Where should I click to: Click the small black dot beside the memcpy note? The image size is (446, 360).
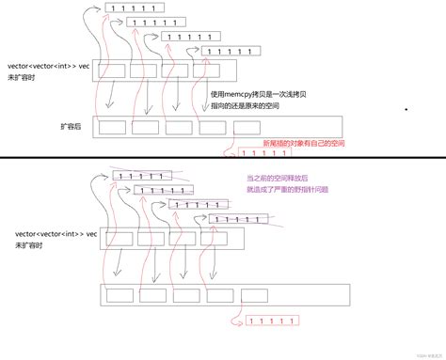[406, 110]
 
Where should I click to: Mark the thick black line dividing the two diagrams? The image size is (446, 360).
[223, 159]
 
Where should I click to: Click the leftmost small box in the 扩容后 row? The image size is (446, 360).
[113, 127]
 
